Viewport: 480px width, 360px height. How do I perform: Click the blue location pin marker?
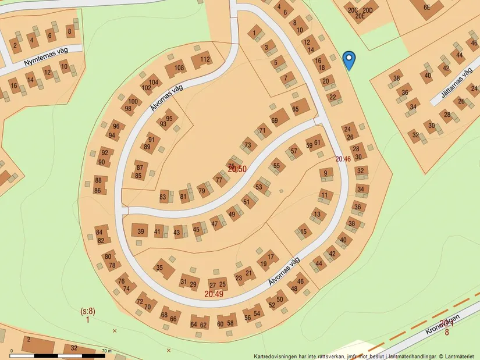tap(349, 59)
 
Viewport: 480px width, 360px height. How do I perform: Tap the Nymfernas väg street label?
tap(47, 56)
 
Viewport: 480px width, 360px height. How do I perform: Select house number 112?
tap(205, 59)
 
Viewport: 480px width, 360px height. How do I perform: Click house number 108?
tap(179, 68)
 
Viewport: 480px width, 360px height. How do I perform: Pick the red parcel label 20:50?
tap(237, 169)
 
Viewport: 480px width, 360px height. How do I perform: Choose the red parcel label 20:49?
tap(214, 294)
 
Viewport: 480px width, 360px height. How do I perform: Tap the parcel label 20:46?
tap(343, 159)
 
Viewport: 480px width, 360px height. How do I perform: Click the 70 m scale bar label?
tap(106, 351)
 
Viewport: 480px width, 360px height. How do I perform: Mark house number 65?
tap(295, 109)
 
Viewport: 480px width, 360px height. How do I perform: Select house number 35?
tap(159, 268)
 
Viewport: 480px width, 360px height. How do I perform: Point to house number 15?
tap(303, 233)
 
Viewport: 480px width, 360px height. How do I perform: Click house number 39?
tap(140, 231)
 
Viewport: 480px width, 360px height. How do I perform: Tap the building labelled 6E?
tap(426, 8)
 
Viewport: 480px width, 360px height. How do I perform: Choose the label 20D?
tap(367, 10)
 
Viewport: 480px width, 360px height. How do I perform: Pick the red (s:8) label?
tap(87, 311)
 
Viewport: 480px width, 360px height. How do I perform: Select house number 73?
tap(248, 145)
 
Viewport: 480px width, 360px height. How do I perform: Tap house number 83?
tap(163, 197)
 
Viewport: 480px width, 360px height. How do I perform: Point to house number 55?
tap(276, 166)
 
